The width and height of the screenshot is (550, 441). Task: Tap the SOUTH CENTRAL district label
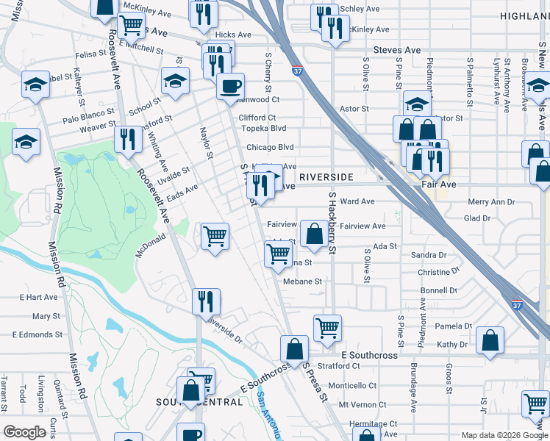(199, 402)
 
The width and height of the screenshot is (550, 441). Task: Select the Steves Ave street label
(397, 50)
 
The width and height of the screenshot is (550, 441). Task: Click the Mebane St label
(302, 282)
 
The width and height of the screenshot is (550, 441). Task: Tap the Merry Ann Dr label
(491, 202)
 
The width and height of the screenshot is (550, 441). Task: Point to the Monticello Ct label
(351, 385)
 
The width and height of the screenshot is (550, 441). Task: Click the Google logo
(24, 432)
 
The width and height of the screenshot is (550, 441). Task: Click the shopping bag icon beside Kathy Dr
(490, 341)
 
